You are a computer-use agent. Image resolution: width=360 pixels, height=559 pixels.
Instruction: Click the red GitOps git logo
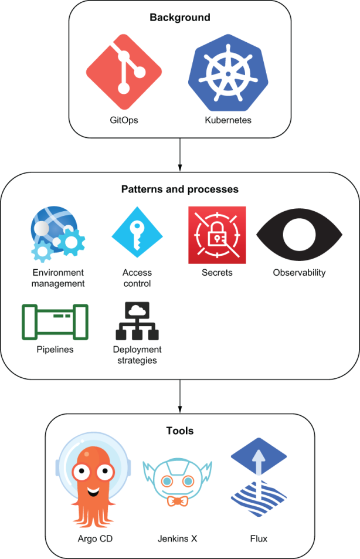pos(124,72)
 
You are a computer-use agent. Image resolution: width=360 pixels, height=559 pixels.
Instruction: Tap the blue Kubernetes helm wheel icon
pos(227,73)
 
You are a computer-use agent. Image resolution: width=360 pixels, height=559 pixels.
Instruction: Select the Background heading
pos(180,18)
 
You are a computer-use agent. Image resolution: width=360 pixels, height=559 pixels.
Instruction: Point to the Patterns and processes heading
pos(179,189)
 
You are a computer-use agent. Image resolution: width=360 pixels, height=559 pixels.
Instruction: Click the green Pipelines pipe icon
pos(55,321)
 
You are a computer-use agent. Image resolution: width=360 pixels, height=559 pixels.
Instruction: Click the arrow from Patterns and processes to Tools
pos(180,396)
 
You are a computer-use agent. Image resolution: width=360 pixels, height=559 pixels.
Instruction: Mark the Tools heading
pos(179,431)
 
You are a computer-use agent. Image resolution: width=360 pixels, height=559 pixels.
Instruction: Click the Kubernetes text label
pos(227,120)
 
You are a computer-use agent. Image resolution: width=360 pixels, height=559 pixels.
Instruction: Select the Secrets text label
pos(216,272)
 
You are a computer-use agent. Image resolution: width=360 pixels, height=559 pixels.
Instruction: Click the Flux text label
pos(257,538)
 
